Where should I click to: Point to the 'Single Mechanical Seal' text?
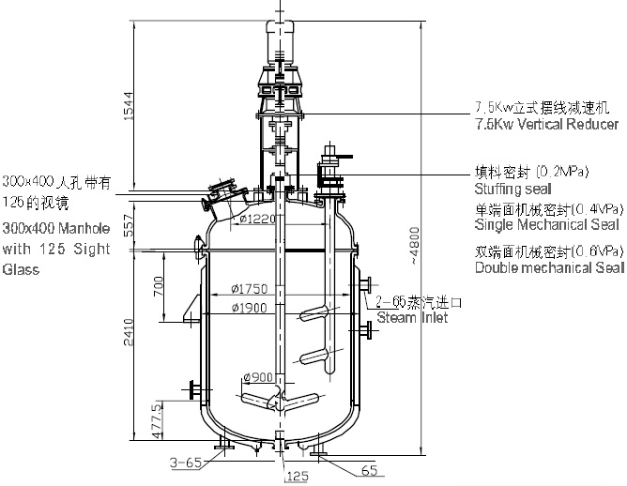(547, 225)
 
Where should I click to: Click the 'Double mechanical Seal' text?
(549, 269)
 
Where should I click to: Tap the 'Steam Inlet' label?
(412, 318)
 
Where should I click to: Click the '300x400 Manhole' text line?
(56, 228)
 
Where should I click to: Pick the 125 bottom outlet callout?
(297, 476)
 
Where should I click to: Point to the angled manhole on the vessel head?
(222, 196)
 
